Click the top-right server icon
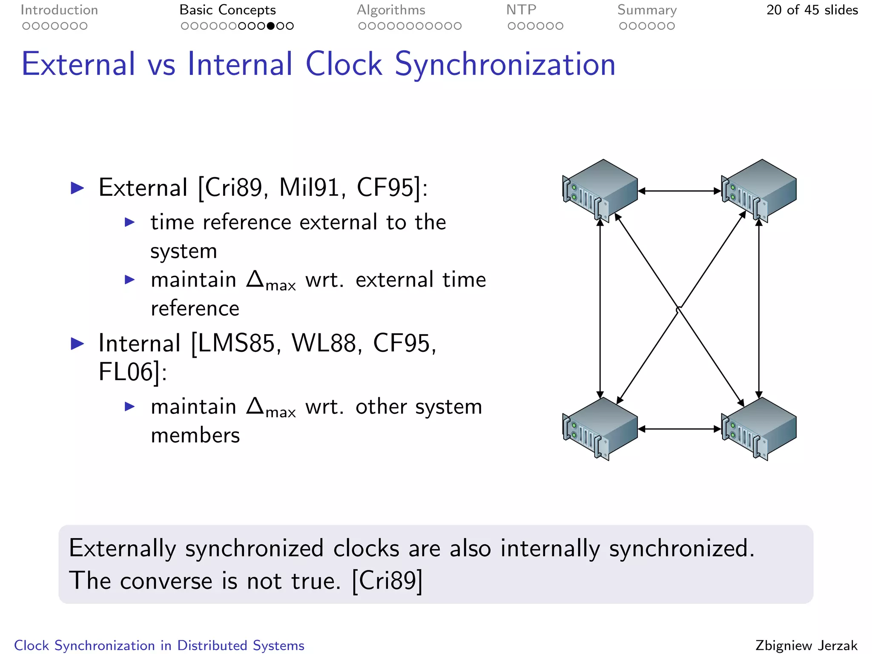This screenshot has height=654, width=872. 758,190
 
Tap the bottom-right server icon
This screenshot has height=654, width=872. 758,428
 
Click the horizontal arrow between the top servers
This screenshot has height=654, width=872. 680,191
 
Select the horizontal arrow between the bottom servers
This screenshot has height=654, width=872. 680,429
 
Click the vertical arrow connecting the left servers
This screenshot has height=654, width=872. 600,308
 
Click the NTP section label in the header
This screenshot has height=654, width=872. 521,10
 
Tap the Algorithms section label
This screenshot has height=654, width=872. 391,10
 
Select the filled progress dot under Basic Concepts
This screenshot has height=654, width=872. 271,26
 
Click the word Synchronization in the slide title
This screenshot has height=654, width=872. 505,64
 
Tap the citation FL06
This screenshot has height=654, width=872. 126,372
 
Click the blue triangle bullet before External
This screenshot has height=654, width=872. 77,188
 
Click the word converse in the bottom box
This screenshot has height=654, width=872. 166,581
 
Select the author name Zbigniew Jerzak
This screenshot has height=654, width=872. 806,645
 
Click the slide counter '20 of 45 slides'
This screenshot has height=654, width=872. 812,10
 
